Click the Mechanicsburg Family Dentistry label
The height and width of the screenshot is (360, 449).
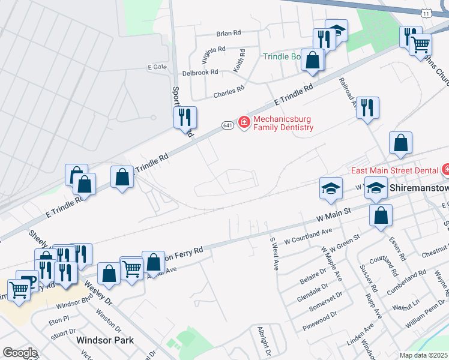tap(284, 123)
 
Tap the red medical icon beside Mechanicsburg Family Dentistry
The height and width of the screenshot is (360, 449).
tap(244, 123)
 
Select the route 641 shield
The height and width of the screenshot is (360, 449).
tap(228, 125)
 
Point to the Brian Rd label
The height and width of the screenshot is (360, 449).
tap(228, 33)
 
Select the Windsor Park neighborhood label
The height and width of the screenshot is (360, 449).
tap(105, 340)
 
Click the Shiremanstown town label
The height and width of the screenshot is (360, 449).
tap(419, 188)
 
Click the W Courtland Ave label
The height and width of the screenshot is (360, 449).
tap(308, 236)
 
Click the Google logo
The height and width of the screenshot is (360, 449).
tap(20, 353)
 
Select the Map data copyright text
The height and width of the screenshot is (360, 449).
tap(424, 355)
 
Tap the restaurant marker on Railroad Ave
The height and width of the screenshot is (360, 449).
tap(368, 108)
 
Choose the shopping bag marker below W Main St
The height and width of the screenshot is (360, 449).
tap(381, 215)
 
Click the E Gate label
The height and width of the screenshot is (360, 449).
tap(157, 67)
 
